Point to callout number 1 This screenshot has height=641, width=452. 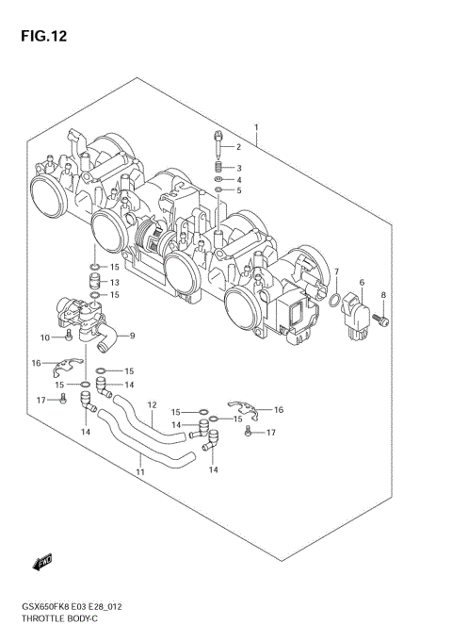pyautogui.click(x=256, y=125)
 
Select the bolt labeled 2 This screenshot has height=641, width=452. pyautogui.click(x=218, y=144)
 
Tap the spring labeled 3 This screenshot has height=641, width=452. pyautogui.click(x=218, y=168)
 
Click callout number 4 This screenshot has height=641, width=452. pyautogui.click(x=239, y=179)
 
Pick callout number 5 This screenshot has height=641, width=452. pyautogui.click(x=239, y=191)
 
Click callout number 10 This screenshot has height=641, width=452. pyautogui.click(x=45, y=337)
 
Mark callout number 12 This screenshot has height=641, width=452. pyautogui.click(x=151, y=406)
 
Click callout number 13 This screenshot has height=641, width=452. pyautogui.click(x=114, y=282)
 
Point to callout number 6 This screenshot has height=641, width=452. pyautogui.click(x=361, y=282)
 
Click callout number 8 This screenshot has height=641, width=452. pyautogui.click(x=383, y=296)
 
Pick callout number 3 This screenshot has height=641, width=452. pyautogui.click(x=239, y=168)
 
